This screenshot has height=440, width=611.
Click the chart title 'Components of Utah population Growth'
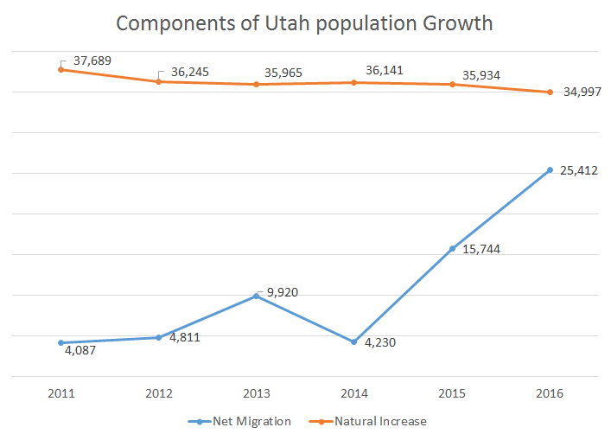[x=304, y=23]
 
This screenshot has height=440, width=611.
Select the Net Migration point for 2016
[x=550, y=169]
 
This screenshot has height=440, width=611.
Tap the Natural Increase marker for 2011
[x=60, y=69]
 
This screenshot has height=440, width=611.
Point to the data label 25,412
[x=578, y=170]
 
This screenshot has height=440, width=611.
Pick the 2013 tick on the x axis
[x=257, y=394]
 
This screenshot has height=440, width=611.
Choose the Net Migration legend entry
[x=239, y=422]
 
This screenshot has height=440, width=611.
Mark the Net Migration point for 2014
[x=354, y=342]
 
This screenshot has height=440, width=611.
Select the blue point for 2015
[x=452, y=249]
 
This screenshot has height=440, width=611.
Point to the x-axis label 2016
[x=550, y=394]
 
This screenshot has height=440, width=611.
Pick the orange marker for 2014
[x=354, y=82]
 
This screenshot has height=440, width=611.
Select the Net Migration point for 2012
[x=158, y=337]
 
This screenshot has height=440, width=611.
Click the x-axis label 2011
[x=60, y=394]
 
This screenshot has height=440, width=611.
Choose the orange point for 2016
[x=550, y=92]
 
